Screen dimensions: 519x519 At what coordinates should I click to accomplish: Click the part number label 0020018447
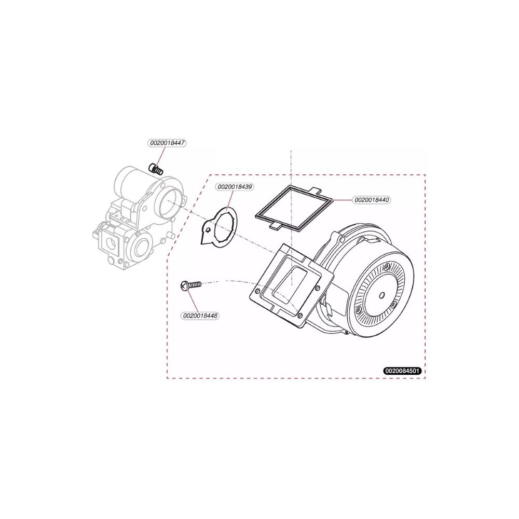[167, 143]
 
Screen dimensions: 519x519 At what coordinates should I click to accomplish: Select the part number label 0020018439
[235, 187]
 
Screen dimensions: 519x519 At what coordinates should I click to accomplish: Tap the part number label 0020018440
[372, 200]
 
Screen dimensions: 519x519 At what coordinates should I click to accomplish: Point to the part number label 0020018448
[200, 316]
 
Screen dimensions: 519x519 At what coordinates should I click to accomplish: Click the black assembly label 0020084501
[403, 371]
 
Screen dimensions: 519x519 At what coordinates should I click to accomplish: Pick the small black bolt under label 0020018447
[157, 169]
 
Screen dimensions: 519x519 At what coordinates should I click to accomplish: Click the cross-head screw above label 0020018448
[190, 284]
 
